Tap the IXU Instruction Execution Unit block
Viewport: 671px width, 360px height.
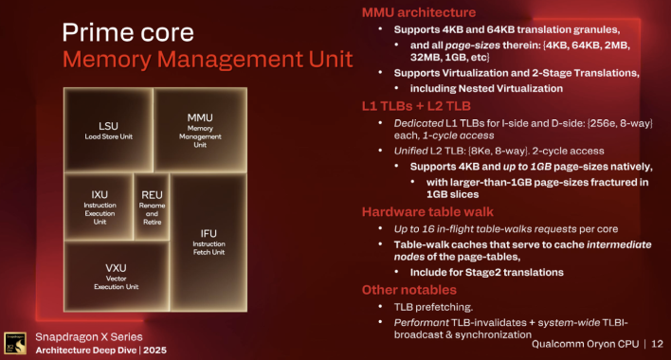click(98, 204)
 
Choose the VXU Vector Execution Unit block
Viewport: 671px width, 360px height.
click(117, 274)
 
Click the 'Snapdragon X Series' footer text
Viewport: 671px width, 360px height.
click(87, 336)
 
